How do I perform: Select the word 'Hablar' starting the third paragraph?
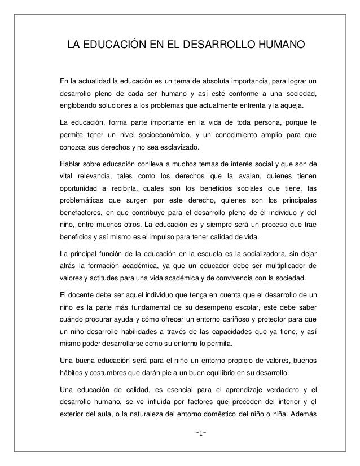point(71,165)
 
